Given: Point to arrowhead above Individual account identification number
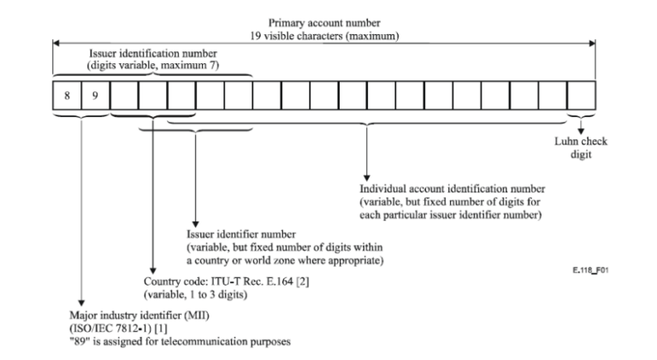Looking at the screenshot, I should (x=367, y=175).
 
